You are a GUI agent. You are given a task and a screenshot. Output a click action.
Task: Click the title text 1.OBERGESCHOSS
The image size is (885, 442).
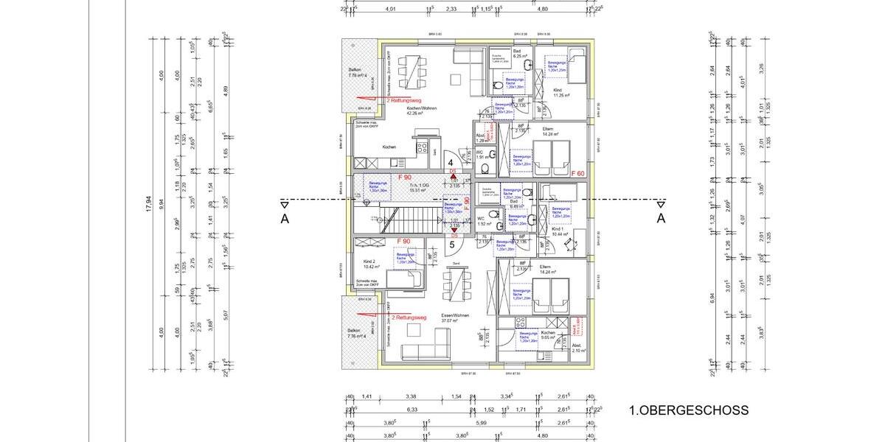[x=689, y=410]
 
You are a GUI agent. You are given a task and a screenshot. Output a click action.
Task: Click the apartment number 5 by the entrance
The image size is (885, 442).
[x=451, y=245]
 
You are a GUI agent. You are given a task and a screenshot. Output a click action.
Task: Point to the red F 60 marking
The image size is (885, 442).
[x=578, y=174]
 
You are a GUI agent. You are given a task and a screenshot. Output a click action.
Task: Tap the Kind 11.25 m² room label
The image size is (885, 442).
[x=563, y=93]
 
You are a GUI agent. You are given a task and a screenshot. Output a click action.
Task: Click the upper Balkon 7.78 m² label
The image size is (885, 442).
[x=358, y=73]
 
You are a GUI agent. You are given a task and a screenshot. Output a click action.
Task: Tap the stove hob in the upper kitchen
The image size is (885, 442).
[x=423, y=147]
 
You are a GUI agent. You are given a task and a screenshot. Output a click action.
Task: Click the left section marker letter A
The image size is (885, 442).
[x=285, y=218]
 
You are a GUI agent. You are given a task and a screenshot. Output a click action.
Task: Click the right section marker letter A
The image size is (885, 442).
[x=661, y=218]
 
